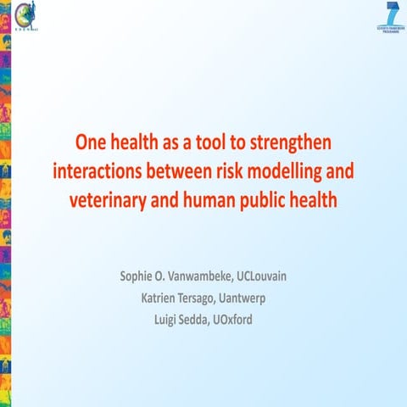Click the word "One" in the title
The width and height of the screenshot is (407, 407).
tap(90, 140)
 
